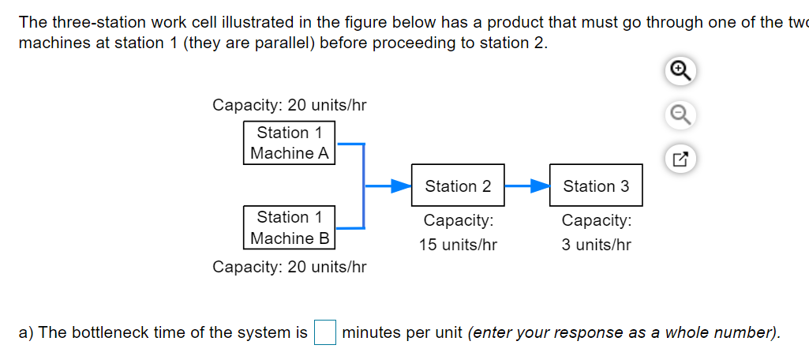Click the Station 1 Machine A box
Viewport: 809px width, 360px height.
[289, 143]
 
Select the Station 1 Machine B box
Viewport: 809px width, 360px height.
[289, 227]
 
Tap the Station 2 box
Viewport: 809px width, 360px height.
[458, 186]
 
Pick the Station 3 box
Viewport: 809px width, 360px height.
[596, 186]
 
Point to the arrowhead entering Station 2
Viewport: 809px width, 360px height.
[402, 186]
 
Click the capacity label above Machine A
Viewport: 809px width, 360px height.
[289, 105]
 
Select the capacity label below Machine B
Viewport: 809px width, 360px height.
[289, 267]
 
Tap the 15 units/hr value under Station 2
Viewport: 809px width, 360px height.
[458, 245]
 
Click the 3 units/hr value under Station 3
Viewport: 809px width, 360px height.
[596, 245]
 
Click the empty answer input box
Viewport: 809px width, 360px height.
[325, 332]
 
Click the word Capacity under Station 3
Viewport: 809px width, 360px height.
[596, 220]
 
